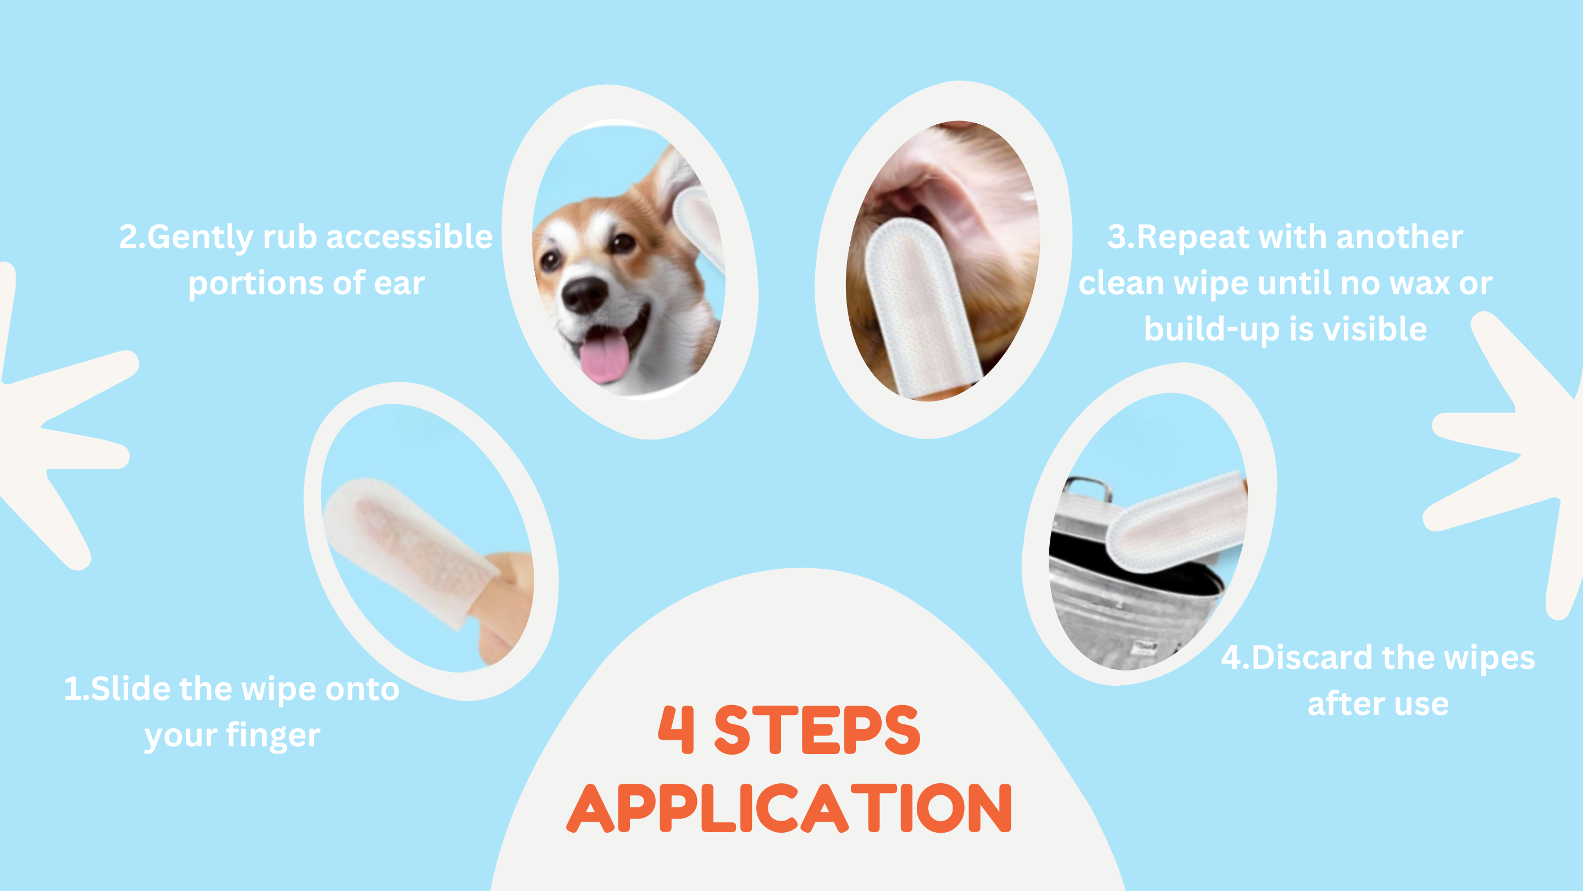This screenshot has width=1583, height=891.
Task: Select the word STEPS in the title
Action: [817, 729]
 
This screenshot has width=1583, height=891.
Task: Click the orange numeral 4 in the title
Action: [677, 729]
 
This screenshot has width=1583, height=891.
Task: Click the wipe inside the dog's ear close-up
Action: [920, 307]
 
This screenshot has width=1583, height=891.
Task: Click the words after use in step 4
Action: [1378, 704]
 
